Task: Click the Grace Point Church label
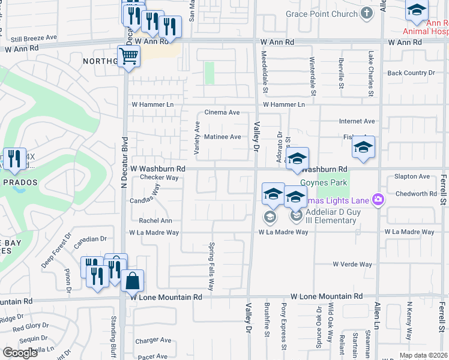pyautogui.click(x=321, y=14)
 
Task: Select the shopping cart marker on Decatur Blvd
pyautogui.click(x=128, y=58)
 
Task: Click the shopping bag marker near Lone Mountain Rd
pyautogui.click(x=132, y=280)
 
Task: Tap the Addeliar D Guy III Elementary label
pyautogui.click(x=331, y=215)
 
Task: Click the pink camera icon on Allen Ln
pyautogui.click(x=378, y=199)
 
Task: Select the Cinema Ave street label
pyautogui.click(x=222, y=112)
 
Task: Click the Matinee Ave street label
pyautogui.click(x=223, y=137)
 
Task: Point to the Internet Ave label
pyautogui.click(x=357, y=121)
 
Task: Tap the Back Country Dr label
pyautogui.click(x=411, y=73)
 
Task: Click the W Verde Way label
pyautogui.click(x=352, y=264)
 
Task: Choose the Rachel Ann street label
pyautogui.click(x=155, y=221)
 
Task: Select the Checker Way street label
pyautogui.click(x=160, y=178)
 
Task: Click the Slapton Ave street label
pyautogui.click(x=412, y=176)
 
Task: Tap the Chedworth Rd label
pyautogui.click(x=416, y=194)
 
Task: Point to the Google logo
pyautogui.click(x=20, y=352)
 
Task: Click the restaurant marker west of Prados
pyautogui.click(x=14, y=159)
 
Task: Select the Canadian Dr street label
pyautogui.click(x=90, y=242)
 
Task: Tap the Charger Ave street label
pyautogui.click(x=154, y=340)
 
